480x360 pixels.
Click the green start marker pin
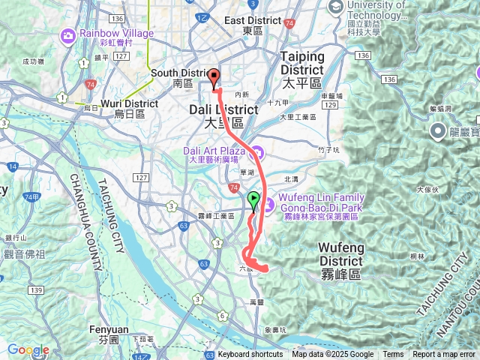coord(253,200)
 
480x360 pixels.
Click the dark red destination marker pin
coord(214,77)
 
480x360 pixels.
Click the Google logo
coord(28,349)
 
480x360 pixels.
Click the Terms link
coord(393,355)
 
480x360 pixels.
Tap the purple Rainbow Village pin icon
coord(68,34)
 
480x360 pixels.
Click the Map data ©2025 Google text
coord(332,355)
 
